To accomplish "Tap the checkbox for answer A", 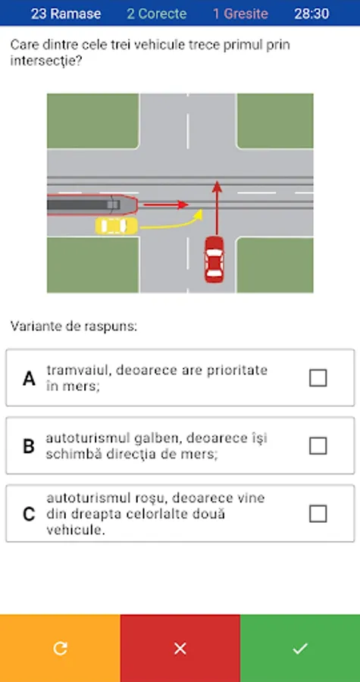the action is pyautogui.click(x=318, y=377).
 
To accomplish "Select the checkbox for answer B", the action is pyautogui.click(x=318, y=446).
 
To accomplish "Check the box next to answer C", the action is pyautogui.click(x=318, y=514).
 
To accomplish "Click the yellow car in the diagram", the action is pyautogui.click(x=117, y=226).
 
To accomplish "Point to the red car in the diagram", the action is pyautogui.click(x=214, y=259).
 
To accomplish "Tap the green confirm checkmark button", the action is pyautogui.click(x=300, y=648).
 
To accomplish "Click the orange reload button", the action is pyautogui.click(x=60, y=648).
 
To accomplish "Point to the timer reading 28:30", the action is pyautogui.click(x=311, y=14).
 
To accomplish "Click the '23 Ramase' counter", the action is pyautogui.click(x=66, y=14).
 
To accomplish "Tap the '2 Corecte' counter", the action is pyautogui.click(x=157, y=14).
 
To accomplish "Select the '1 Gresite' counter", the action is pyautogui.click(x=240, y=14).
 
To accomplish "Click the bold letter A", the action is pyautogui.click(x=29, y=378).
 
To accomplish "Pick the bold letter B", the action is pyautogui.click(x=29, y=446).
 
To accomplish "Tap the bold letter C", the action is pyautogui.click(x=29, y=515).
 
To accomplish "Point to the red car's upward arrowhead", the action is pyautogui.click(x=217, y=186).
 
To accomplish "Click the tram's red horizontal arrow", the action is pyautogui.click(x=166, y=205).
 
